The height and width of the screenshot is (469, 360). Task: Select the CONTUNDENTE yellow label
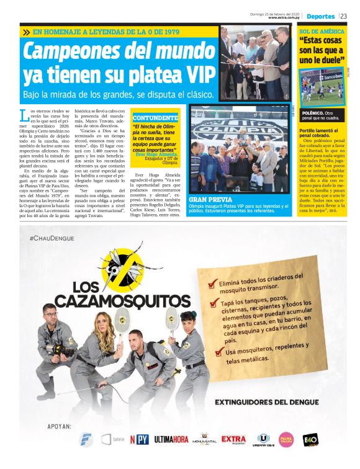point(155,117)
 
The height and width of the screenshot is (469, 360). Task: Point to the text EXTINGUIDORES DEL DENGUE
point(266,402)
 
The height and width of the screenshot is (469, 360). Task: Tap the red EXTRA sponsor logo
point(233,439)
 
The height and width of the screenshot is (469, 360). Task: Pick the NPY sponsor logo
point(138,440)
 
